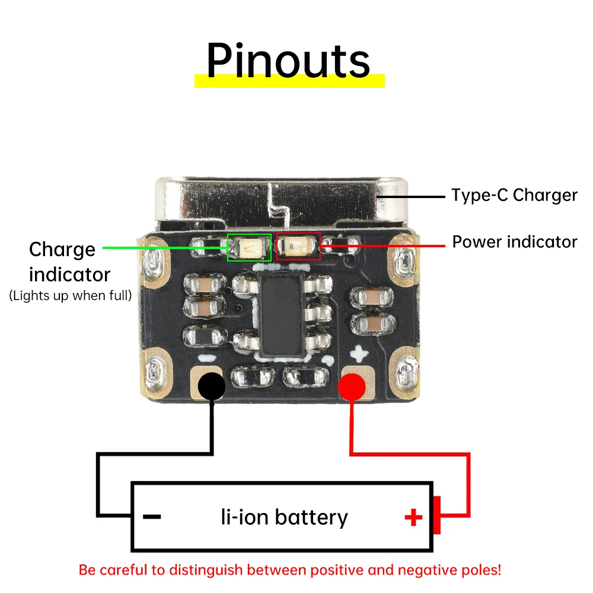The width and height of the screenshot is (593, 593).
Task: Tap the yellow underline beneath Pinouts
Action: tap(289, 81)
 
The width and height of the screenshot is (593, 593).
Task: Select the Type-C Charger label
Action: tap(514, 195)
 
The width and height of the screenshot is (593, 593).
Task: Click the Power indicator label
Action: tap(514, 242)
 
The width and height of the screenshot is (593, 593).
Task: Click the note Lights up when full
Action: tap(71, 295)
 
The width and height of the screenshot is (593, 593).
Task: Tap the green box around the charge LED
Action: tap(250, 247)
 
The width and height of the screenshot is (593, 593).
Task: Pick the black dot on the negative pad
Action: tap(211, 386)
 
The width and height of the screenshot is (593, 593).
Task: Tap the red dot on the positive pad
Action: tap(351, 387)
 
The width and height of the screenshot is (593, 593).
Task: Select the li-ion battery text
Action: tap(284, 517)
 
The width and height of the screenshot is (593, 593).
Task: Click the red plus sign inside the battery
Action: tap(413, 518)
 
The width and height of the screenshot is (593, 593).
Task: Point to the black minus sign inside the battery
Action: tap(152, 517)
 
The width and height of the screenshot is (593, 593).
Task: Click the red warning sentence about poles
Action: tap(290, 570)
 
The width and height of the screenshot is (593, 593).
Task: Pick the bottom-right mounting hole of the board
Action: tap(407, 372)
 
